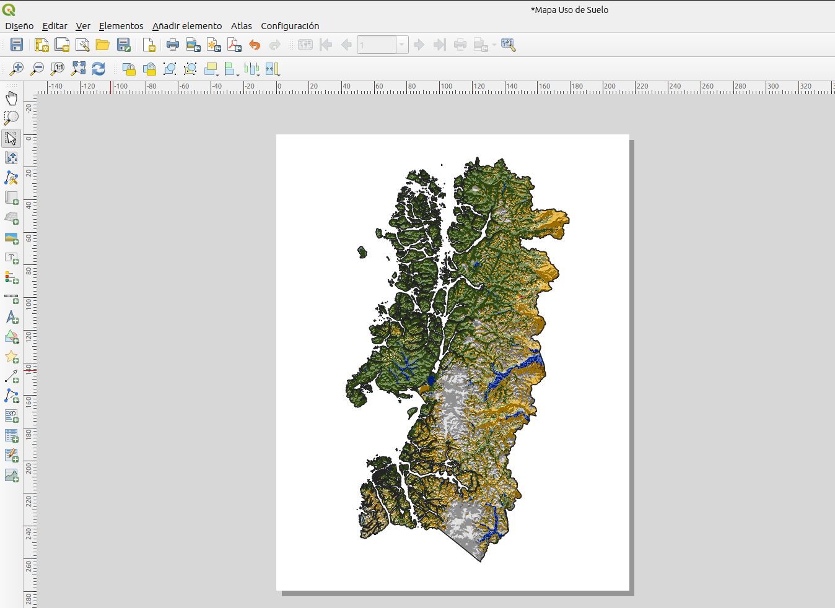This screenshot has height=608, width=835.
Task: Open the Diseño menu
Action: (19, 26)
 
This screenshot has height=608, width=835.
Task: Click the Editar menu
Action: (55, 26)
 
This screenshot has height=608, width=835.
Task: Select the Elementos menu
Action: (121, 26)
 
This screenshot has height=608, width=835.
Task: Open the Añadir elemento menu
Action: (187, 26)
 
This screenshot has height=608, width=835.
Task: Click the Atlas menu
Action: (241, 26)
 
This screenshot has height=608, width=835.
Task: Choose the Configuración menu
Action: (290, 26)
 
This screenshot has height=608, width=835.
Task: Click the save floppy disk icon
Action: (17, 45)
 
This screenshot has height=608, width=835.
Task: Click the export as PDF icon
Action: (234, 45)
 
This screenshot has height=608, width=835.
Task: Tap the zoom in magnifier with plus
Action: (17, 69)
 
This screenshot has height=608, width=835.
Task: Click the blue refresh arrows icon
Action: (98, 69)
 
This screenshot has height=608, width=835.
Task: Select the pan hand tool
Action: (11, 98)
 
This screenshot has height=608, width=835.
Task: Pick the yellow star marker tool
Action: (11, 357)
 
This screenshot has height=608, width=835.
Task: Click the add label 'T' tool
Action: (11, 258)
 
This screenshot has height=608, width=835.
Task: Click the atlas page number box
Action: (377, 45)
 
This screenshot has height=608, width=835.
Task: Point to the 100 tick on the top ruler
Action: (440, 87)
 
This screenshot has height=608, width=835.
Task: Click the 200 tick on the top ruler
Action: (604, 87)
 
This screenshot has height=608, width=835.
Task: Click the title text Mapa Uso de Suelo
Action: (569, 10)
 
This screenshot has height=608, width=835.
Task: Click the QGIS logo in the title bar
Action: (9, 10)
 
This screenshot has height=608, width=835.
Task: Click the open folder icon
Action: (102, 45)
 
